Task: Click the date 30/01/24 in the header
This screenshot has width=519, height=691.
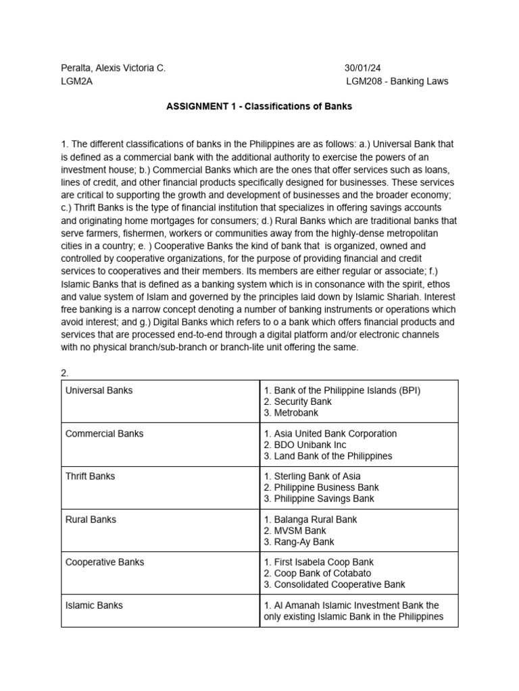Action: [363, 68]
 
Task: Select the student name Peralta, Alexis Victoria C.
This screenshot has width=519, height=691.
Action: [113, 68]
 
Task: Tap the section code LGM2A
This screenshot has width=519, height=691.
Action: [76, 82]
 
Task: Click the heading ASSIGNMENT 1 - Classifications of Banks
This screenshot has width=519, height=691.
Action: [259, 107]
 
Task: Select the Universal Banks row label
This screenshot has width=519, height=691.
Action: [99, 390]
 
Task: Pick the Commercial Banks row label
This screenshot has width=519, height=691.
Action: [104, 433]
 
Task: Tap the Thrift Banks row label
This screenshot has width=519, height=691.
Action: [90, 476]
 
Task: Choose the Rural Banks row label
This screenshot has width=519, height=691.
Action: [91, 520]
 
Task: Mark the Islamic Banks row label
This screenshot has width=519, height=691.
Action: [94, 605]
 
